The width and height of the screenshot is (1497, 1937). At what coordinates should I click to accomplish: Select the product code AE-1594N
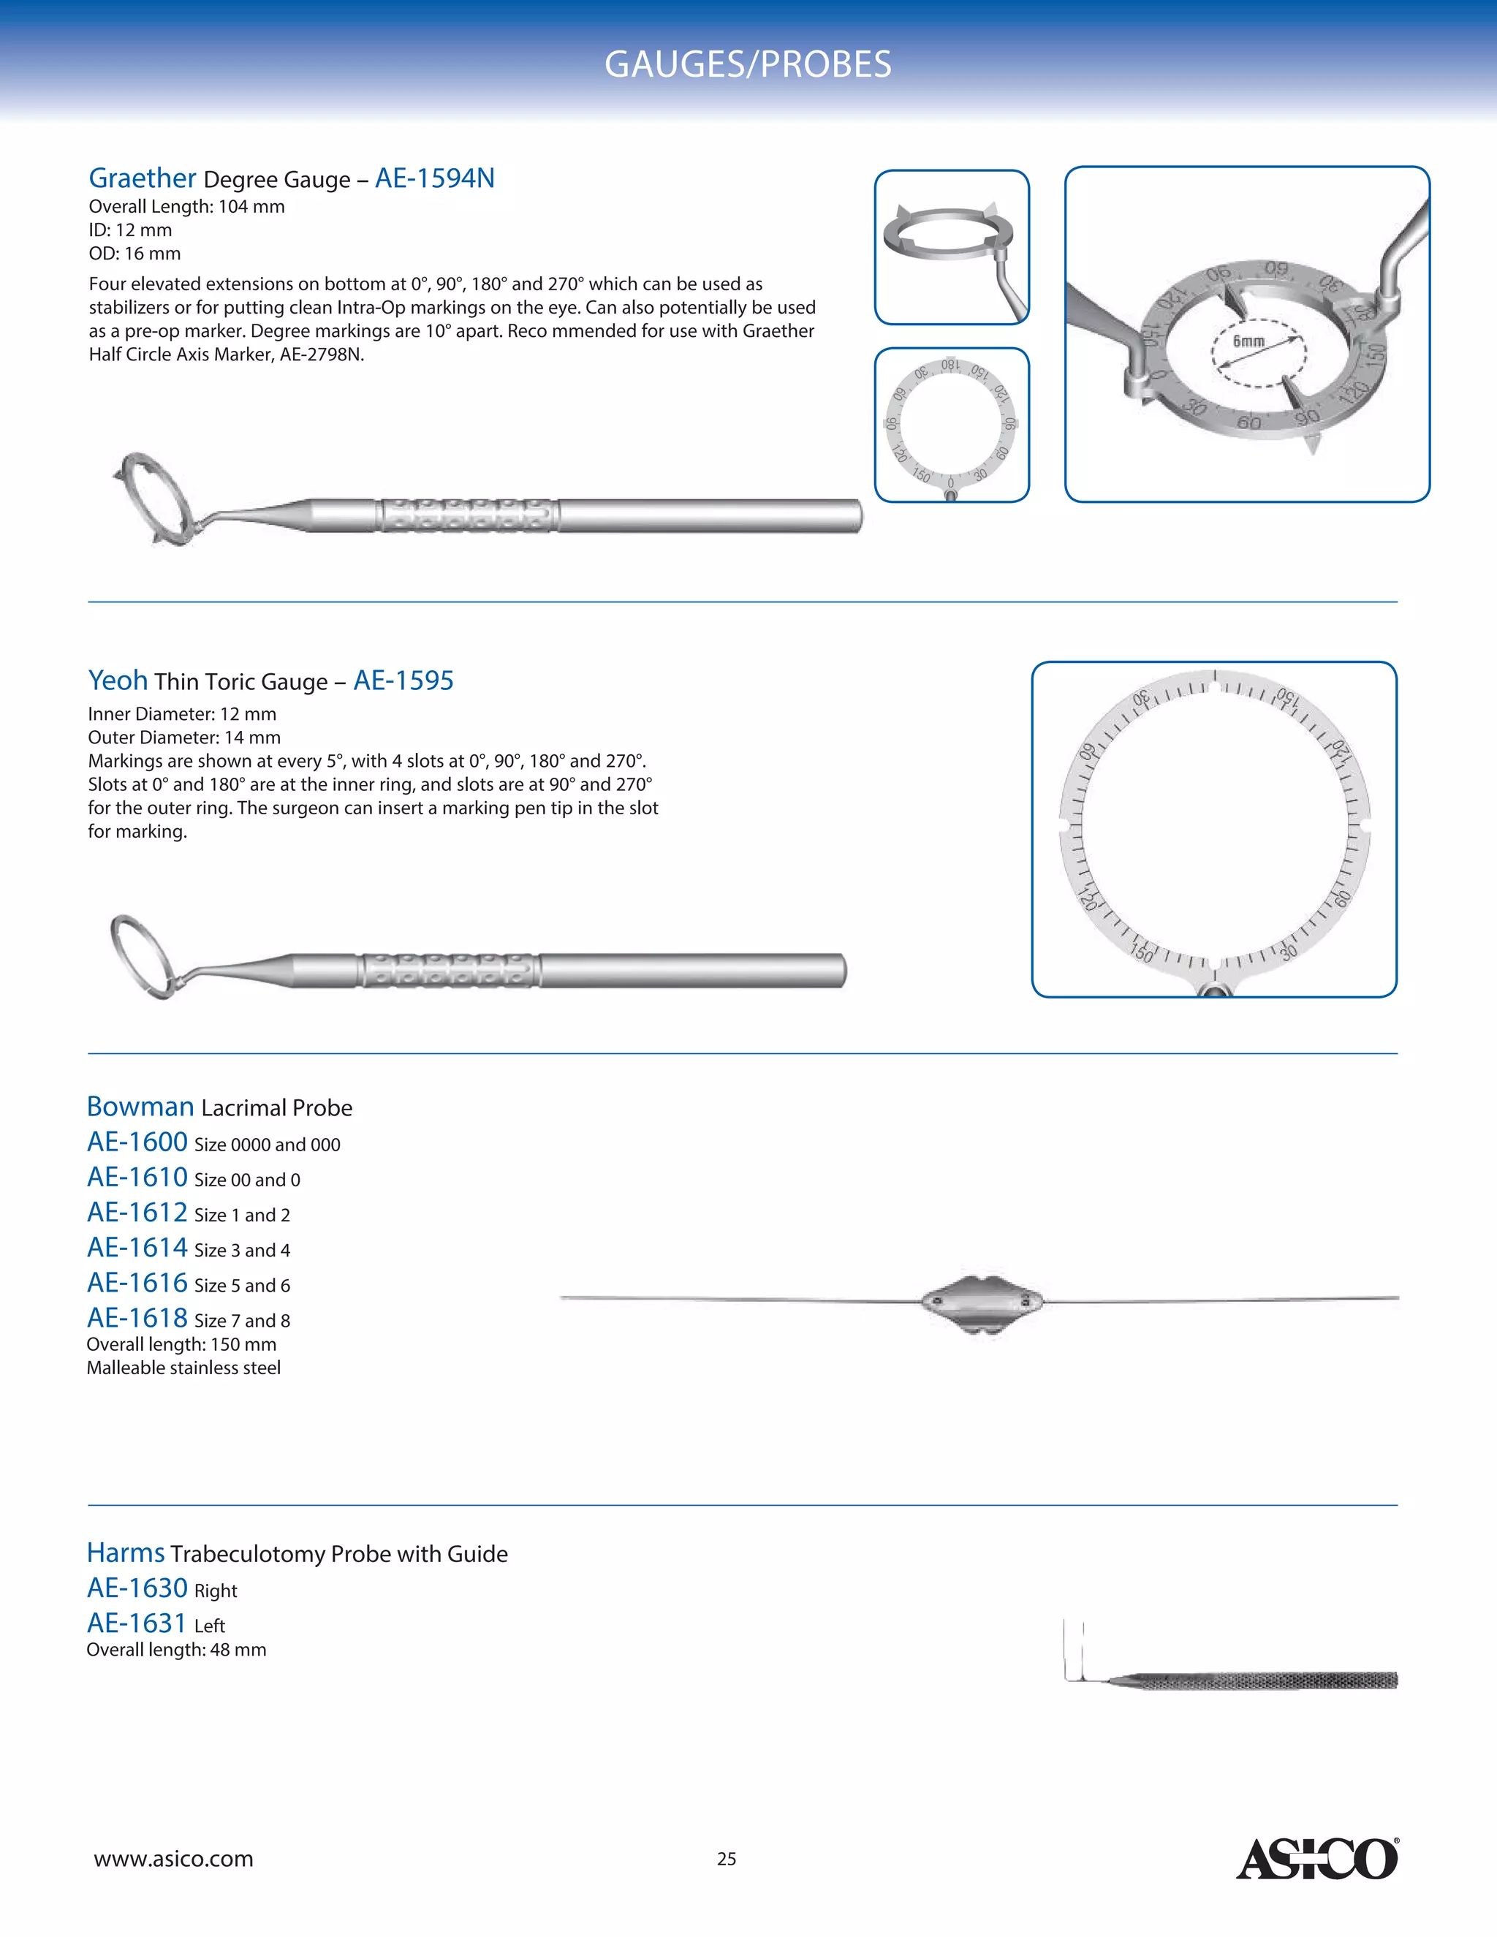click(x=435, y=178)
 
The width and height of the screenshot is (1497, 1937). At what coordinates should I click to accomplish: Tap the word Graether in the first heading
click(x=142, y=178)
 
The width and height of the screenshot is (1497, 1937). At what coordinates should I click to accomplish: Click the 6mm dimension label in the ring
click(x=1248, y=341)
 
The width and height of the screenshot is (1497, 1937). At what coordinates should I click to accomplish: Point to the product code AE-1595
click(x=403, y=681)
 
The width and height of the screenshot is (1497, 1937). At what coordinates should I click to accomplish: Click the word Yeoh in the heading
click(x=118, y=681)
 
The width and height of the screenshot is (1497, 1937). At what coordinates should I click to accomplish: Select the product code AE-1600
click(x=137, y=1142)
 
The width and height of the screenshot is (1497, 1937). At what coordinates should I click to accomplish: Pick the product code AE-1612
click(x=137, y=1213)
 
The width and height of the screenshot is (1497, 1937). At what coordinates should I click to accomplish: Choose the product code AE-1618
click(x=137, y=1318)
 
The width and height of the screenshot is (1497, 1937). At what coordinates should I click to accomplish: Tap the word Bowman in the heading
click(x=140, y=1107)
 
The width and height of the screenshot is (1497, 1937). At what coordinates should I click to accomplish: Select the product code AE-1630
click(x=137, y=1588)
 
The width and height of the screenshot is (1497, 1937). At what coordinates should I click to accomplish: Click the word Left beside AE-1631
click(x=209, y=1626)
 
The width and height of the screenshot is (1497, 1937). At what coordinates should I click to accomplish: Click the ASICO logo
click(x=1317, y=1858)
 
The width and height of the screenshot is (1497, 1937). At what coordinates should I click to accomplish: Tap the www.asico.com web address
click(x=174, y=1858)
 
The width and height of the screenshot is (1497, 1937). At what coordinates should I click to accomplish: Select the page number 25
click(x=727, y=1859)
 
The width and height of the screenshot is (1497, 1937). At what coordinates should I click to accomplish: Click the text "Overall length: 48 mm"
click(x=176, y=1650)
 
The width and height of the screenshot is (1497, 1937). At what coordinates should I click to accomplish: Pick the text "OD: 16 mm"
click(x=134, y=254)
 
